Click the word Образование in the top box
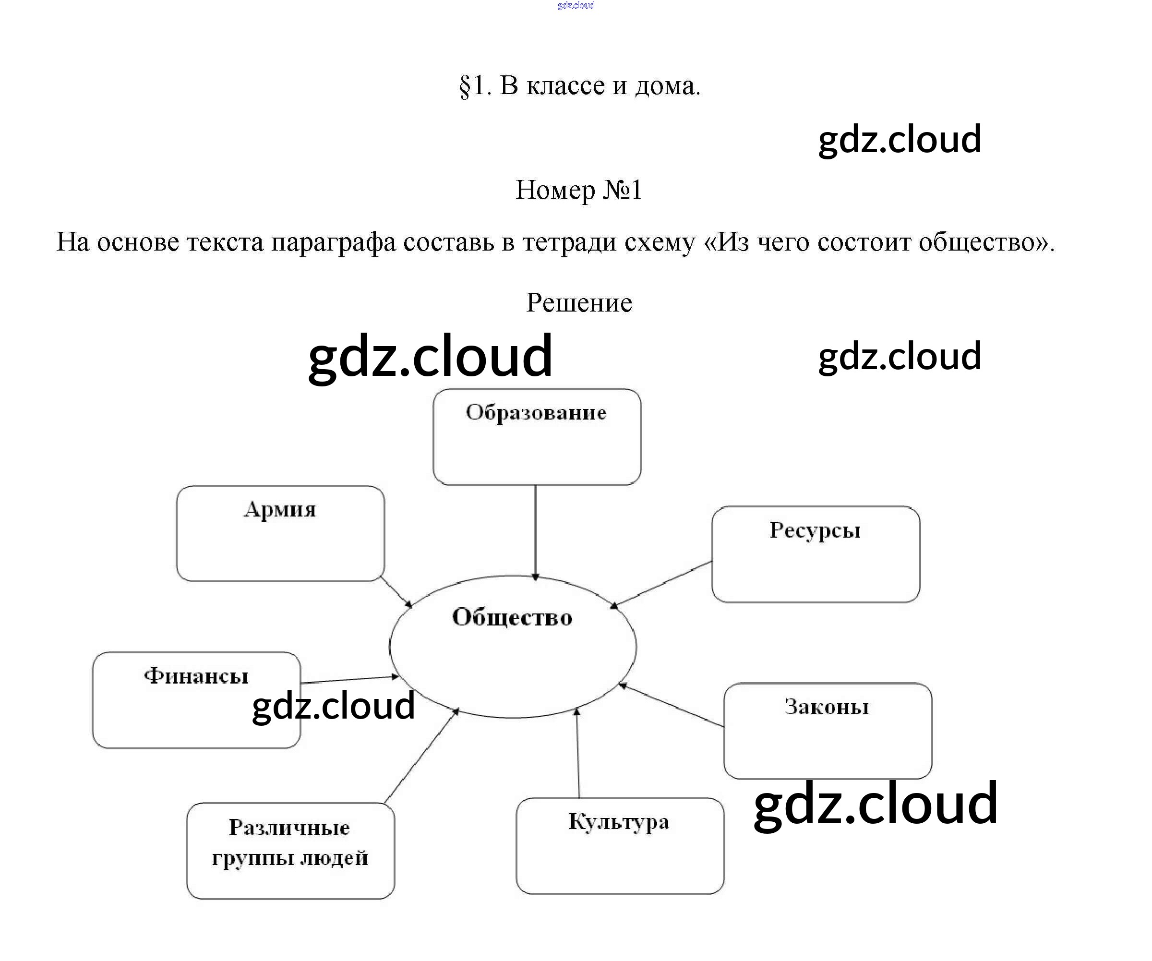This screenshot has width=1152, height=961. [x=536, y=412]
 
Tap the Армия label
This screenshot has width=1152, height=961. [x=280, y=510]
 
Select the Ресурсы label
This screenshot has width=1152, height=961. [x=815, y=530]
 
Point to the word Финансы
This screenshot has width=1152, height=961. [x=196, y=676]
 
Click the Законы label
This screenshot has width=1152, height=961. [x=827, y=707]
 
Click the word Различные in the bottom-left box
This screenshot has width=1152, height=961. [x=289, y=828]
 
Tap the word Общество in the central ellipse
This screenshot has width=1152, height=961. [x=512, y=618]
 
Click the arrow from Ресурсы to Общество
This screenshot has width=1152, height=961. [x=661, y=584]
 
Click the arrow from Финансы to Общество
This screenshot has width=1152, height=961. [x=349, y=680]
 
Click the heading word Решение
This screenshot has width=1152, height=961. [x=579, y=303]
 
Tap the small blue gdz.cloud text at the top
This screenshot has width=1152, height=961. [x=576, y=5]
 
